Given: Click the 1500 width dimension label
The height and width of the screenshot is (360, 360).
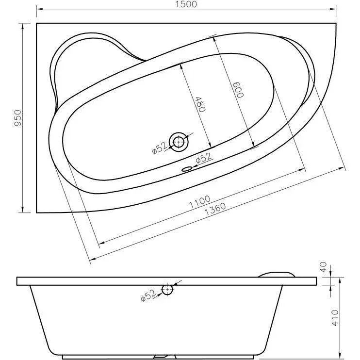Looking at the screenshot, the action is click(186, 4).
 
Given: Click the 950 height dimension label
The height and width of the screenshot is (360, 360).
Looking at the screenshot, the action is click(18, 118).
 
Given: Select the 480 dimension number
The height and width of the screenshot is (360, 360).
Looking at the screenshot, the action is click(200, 104).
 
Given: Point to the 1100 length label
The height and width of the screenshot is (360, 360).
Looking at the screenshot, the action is click(199, 201).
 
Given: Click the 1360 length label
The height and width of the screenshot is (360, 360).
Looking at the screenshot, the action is click(215, 209).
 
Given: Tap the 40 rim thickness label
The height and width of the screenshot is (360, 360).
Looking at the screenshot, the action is click(323, 267).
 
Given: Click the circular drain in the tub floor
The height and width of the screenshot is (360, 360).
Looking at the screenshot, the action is click(179, 142).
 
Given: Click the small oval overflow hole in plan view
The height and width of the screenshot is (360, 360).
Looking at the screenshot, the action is click(186, 169).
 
